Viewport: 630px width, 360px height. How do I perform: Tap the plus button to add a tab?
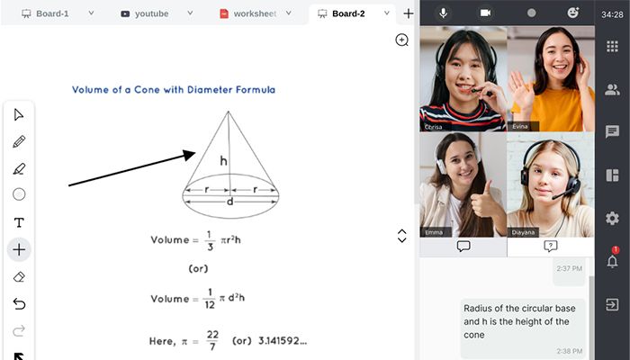point(409,13)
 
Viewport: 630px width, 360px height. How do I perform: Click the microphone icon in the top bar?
point(443,13)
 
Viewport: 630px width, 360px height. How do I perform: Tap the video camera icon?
point(485,13)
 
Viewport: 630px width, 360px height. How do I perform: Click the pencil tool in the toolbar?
point(19,141)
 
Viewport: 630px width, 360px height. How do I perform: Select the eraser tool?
point(19,277)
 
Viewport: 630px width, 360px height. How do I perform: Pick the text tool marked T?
point(19,222)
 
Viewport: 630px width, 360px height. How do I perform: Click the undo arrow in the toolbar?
point(19,304)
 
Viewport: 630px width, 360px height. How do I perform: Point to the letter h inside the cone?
point(223,161)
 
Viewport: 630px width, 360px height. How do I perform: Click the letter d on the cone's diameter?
point(229,202)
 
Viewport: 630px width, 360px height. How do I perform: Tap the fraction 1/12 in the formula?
point(210,299)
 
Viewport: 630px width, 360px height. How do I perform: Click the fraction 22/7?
point(212,340)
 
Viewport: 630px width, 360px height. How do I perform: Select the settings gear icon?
point(612,218)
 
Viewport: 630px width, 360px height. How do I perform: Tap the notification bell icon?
point(612,261)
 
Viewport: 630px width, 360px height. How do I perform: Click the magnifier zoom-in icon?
point(401,40)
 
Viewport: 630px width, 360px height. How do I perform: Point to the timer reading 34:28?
point(612,14)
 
